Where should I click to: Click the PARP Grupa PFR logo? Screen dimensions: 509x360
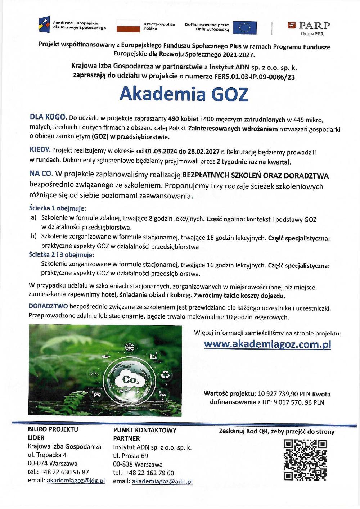[309, 28]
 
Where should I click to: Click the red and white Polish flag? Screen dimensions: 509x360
[128, 26]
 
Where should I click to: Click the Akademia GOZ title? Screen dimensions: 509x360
[184, 94]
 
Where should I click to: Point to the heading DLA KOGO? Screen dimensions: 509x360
[48, 117]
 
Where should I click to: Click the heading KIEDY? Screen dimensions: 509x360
[40, 150]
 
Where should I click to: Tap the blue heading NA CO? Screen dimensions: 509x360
[41, 174]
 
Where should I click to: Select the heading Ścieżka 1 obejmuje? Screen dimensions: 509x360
[57, 208]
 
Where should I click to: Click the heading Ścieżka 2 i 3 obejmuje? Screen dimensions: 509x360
[61, 255]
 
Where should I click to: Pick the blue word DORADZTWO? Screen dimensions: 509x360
[48, 306]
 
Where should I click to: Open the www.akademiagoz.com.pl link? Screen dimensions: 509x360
[267, 344]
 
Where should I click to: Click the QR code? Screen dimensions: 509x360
[305, 460]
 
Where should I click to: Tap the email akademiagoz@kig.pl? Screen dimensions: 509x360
[76, 481]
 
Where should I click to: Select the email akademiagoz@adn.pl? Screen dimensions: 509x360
[162, 481]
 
